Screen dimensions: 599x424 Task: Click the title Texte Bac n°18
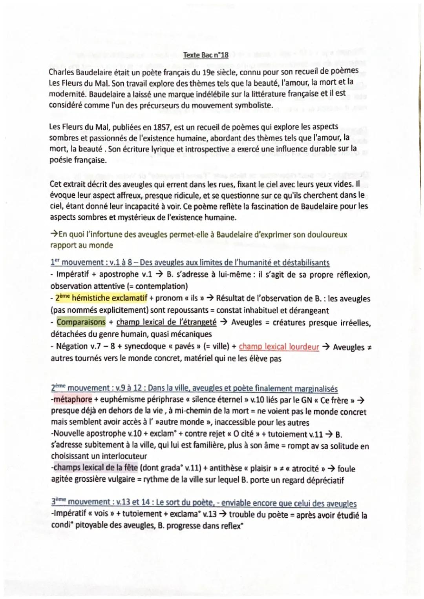(x=206, y=55)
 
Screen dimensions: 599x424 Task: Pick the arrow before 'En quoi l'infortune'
(x=54, y=235)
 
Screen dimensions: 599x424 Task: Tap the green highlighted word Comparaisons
(x=81, y=322)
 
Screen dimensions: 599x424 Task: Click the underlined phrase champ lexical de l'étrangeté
(x=166, y=322)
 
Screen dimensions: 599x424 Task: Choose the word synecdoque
(x=145, y=346)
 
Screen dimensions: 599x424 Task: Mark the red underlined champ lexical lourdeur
(x=279, y=347)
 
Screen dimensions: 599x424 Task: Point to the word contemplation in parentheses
(x=160, y=286)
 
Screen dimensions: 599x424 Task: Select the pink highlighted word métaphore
(x=73, y=399)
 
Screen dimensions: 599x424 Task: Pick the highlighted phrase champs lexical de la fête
(x=96, y=468)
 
